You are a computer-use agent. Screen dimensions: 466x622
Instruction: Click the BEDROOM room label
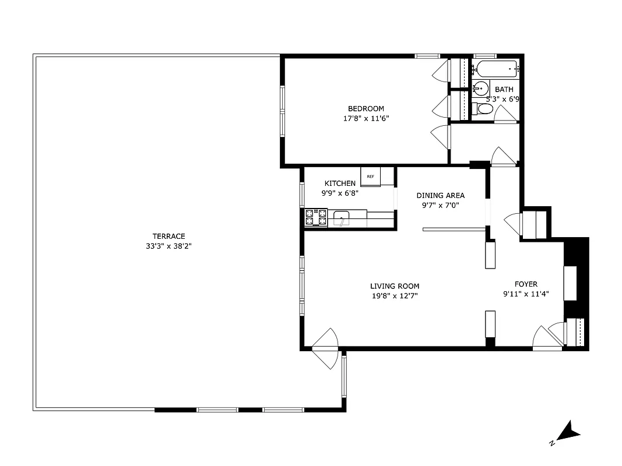pos(366,108)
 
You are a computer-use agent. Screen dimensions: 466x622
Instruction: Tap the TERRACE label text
pos(169,236)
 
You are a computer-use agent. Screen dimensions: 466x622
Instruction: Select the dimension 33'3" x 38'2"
pos(169,246)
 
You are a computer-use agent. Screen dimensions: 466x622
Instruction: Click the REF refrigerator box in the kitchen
pos(370,176)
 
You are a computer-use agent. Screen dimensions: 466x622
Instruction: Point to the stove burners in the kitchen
pos(316,217)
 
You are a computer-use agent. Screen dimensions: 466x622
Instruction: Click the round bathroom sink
pos(480,89)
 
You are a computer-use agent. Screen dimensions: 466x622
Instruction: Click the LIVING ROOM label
pos(395,286)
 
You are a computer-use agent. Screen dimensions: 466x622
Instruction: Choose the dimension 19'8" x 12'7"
pos(395,296)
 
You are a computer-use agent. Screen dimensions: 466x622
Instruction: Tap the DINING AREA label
pos(440,195)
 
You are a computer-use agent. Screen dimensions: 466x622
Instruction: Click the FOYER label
pos(526,284)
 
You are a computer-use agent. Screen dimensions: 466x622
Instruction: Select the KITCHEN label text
pos(340,183)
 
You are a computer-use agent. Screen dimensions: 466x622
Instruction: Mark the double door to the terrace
pos(325,348)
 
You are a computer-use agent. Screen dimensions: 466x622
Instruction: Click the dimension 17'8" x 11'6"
pos(366,118)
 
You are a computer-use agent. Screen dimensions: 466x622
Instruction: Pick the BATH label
pos(504,89)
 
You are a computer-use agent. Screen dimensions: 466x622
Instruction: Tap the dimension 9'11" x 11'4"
pos(526,294)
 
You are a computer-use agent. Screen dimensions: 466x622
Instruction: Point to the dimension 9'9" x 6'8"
pos(340,193)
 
